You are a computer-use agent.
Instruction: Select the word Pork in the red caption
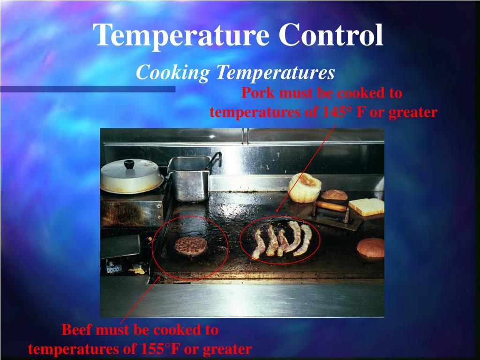click(x=258, y=93)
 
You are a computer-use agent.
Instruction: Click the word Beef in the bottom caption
click(x=77, y=330)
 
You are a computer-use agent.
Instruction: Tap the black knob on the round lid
click(x=129, y=164)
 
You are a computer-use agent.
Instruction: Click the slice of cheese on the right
click(x=367, y=207)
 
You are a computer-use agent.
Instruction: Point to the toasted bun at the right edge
click(x=371, y=247)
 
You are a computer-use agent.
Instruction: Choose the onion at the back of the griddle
click(x=305, y=187)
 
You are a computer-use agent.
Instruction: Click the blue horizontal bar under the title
click(x=87, y=89)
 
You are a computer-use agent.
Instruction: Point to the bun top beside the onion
click(x=334, y=195)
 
